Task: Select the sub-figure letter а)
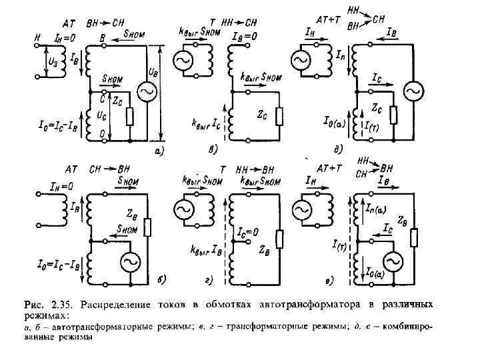158,150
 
